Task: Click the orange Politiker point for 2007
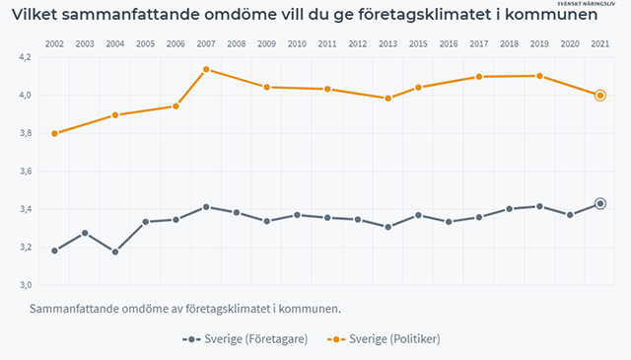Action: click(206, 69)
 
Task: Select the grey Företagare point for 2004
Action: click(115, 252)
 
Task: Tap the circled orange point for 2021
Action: click(600, 96)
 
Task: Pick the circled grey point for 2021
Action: click(600, 204)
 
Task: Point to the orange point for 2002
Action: click(55, 134)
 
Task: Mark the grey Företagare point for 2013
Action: click(387, 227)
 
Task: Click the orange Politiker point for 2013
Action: click(387, 99)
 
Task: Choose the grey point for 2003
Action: click(85, 233)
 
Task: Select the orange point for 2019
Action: click(539, 76)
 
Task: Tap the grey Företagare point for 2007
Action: click(206, 207)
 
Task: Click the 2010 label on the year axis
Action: click(297, 44)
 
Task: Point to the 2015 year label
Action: click(418, 44)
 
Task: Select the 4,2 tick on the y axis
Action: click(25, 57)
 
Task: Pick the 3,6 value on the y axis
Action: click(25, 172)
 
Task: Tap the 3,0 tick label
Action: click(25, 285)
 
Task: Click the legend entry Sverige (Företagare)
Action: click(245, 339)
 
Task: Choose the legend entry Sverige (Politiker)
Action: click(384, 339)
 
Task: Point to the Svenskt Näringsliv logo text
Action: click(586, 4)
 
